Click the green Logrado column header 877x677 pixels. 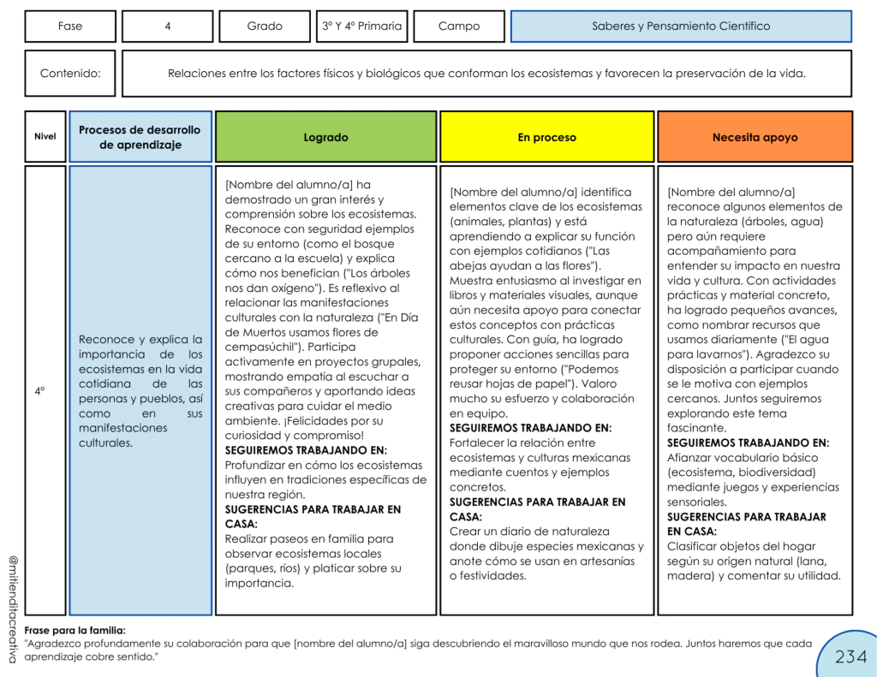point(325,137)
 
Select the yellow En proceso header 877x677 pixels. point(546,137)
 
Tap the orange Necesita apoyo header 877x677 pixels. point(755,137)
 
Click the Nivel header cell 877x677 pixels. point(45,137)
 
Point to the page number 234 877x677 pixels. point(850,656)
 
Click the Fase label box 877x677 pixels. point(70,27)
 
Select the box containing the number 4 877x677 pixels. point(167,27)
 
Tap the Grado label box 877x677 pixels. point(265,27)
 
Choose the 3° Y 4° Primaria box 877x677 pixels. point(361,27)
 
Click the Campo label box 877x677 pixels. point(459,27)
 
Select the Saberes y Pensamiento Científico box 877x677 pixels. point(681,27)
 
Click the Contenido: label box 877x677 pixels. point(70,74)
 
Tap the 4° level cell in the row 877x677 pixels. point(39,390)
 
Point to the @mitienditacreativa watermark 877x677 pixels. point(12,608)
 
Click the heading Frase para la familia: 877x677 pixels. point(75,630)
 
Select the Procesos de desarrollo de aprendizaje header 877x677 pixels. point(140,137)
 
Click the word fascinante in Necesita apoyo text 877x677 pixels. point(697,428)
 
